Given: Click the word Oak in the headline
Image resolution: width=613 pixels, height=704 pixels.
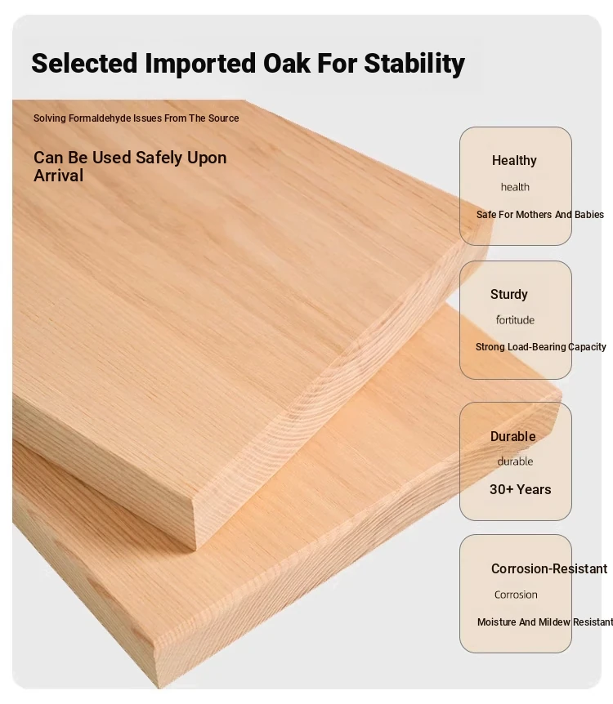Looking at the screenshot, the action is point(286,63).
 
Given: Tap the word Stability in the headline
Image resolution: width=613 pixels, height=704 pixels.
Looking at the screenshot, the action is point(414,64).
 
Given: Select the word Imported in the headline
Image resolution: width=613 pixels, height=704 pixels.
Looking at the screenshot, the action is point(200,64).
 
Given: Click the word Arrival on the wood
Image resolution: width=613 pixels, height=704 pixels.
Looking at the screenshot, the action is point(58,176).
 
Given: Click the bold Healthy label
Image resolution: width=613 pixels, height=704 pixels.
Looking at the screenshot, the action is point(514,161).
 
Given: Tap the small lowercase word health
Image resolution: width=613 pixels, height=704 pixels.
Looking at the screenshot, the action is point(515,187).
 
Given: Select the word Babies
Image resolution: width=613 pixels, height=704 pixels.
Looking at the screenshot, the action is point(588,215).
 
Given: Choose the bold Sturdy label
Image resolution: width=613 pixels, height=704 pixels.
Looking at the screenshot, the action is point(508,295).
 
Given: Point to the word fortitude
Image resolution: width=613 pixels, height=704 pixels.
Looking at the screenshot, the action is point(515,320).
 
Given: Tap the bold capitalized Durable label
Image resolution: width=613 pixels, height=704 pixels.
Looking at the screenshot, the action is point(512,436).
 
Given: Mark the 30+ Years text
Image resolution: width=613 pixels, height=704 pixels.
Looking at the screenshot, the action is point(521,489).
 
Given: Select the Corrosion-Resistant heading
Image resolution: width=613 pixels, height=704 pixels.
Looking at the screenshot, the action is point(549,569).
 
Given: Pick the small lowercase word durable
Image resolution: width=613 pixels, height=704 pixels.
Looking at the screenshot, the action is point(515,461).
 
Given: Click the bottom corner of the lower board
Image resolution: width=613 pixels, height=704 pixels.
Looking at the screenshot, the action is point(159,687).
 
